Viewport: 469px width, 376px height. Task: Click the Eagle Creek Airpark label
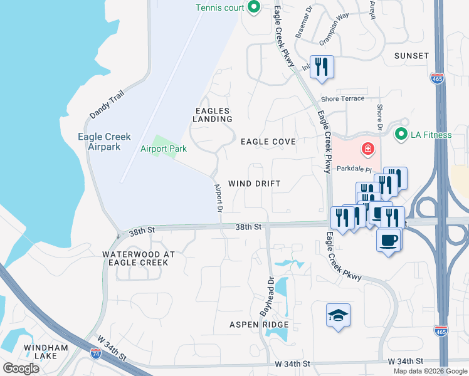pyautogui.click(x=98, y=142)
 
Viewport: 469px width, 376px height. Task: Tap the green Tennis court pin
pyautogui.click(x=254, y=8)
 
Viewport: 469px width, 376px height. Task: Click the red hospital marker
pyautogui.click(x=367, y=150)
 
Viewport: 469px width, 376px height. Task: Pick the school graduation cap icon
pyautogui.click(x=338, y=315)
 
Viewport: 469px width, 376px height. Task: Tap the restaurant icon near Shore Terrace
pyautogui.click(x=322, y=66)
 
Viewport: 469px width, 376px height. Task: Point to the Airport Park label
pyautogui.click(x=164, y=149)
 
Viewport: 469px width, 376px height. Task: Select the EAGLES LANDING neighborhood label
pyautogui.click(x=212, y=114)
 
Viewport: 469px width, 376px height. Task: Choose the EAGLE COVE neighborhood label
pyautogui.click(x=268, y=142)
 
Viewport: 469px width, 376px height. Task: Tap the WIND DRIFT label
pyautogui.click(x=253, y=183)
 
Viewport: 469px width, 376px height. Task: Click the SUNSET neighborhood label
pyautogui.click(x=411, y=56)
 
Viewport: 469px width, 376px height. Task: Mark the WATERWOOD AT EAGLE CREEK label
pyautogui.click(x=135, y=258)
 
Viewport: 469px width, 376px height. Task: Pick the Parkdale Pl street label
pyautogui.click(x=355, y=168)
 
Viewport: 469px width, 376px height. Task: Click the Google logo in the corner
pyautogui.click(x=21, y=368)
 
